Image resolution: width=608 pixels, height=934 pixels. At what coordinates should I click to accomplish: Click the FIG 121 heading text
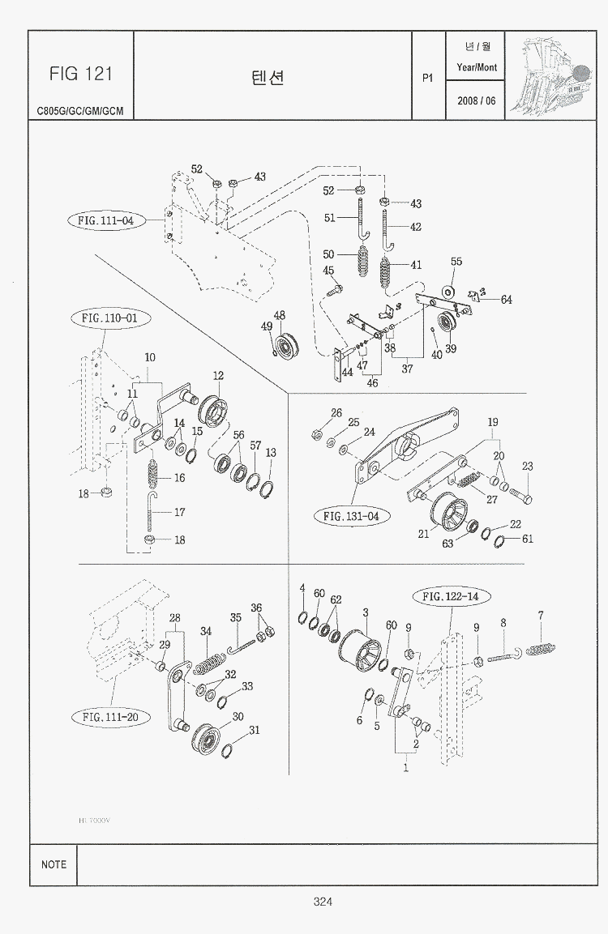(79, 74)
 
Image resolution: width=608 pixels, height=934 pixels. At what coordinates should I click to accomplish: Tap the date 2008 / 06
(476, 100)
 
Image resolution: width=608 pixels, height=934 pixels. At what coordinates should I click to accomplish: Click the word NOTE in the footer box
(54, 864)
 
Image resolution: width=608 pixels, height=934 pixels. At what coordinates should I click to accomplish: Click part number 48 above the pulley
(279, 316)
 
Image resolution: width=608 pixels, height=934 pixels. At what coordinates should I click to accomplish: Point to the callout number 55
(456, 262)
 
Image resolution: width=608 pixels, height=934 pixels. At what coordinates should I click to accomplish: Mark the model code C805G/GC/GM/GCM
(79, 111)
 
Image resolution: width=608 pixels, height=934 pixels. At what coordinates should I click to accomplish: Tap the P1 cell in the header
(428, 78)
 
